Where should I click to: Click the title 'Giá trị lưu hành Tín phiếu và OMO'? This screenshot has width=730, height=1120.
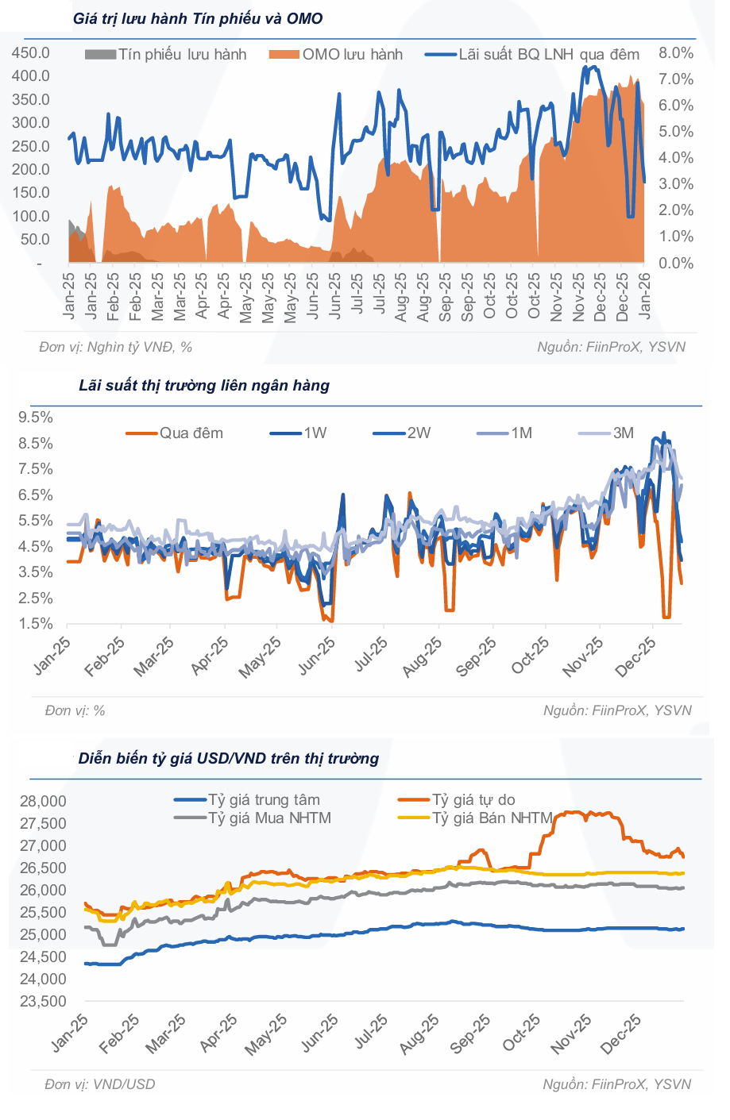[x=198, y=18]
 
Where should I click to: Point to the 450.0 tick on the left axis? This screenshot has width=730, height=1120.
[x=31, y=53]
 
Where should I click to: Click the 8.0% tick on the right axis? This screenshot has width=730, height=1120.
[x=676, y=53]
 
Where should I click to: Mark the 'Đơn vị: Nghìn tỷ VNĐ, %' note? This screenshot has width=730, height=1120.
[x=116, y=347]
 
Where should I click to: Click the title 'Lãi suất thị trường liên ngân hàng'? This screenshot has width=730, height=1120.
[x=204, y=386]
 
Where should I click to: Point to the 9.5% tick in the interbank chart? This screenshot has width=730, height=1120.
[x=36, y=418]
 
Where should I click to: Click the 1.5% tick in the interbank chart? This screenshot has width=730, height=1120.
[x=36, y=624]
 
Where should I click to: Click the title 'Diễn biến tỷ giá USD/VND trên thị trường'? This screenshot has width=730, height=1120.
[x=229, y=759]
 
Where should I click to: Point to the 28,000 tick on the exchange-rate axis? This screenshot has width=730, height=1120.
[x=43, y=802]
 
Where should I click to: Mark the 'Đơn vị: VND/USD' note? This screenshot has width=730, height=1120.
[x=100, y=1084]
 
